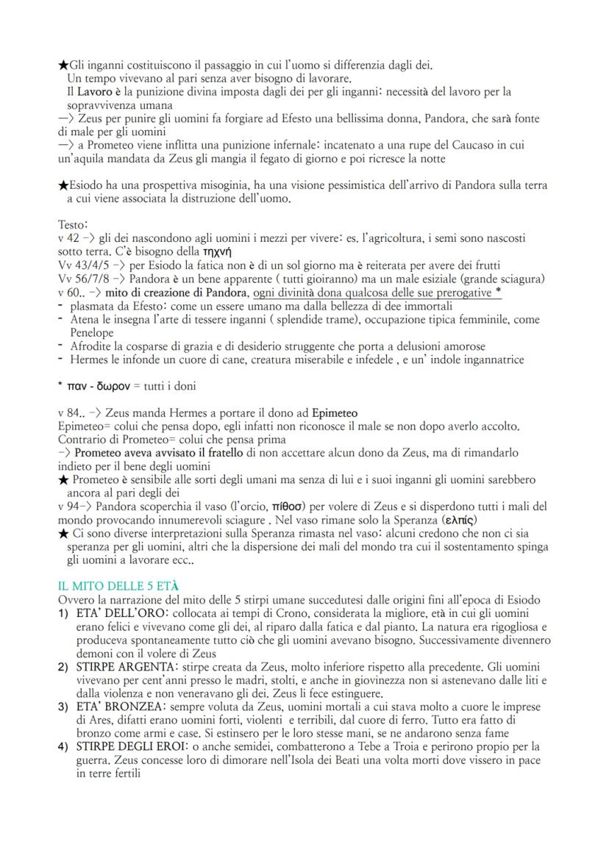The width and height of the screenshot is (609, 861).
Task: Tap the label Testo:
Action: click(72, 224)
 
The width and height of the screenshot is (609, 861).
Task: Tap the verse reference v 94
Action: click(69, 507)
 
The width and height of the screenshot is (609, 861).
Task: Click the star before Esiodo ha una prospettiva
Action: click(63, 185)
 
